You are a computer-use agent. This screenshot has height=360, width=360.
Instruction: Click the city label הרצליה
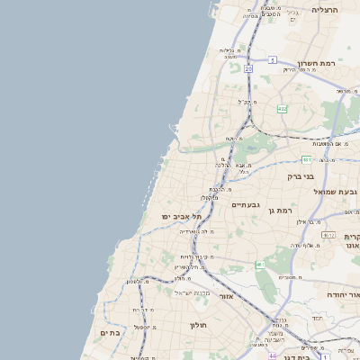coord(324,10)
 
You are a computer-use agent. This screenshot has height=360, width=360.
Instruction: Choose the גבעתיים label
coord(245,205)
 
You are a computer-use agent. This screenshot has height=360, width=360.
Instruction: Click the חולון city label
coord(199,324)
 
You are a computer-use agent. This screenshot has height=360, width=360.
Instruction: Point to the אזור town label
coord(225,296)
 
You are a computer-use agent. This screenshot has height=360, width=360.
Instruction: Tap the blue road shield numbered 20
coord(247,67)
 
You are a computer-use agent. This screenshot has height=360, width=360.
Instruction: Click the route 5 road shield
coord(272,59)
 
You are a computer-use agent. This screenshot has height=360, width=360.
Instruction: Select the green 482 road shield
coord(283,109)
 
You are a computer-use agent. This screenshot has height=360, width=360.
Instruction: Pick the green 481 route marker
coord(307,159)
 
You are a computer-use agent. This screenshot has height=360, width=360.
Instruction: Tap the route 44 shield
coord(272,355)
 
